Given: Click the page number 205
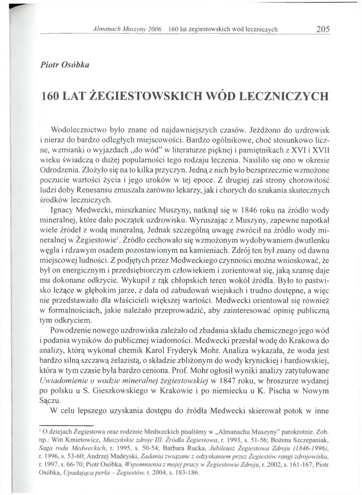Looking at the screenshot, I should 323,29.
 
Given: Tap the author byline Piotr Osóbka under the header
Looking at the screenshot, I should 65,65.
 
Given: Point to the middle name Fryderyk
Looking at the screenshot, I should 224,341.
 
